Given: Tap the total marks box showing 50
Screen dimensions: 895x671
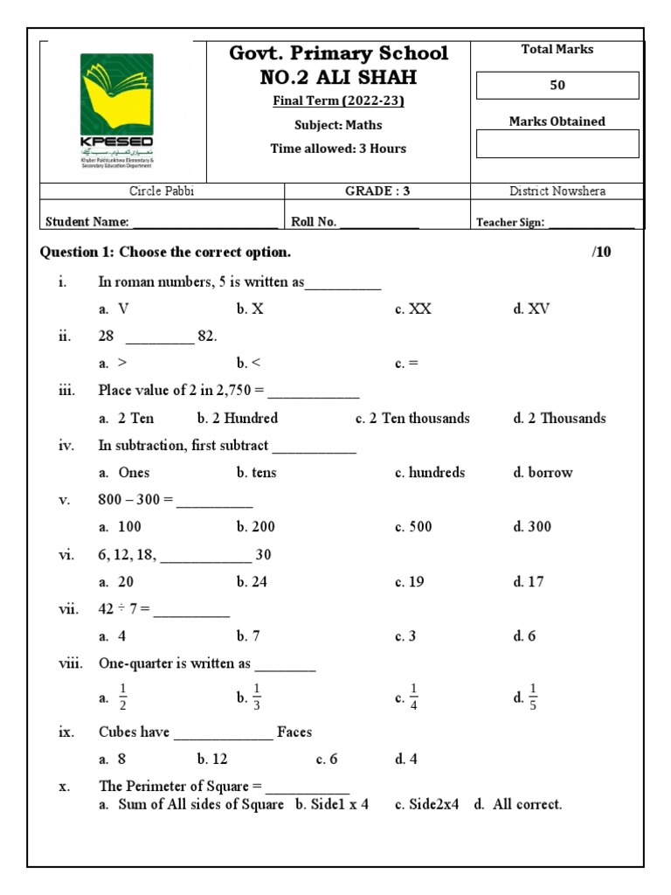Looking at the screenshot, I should [x=557, y=86].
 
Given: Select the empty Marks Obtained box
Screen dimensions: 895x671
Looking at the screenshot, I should [x=557, y=144].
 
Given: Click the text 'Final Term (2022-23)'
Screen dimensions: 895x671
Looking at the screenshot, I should [x=338, y=101].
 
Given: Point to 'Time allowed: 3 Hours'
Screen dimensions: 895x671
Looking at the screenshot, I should [x=338, y=149].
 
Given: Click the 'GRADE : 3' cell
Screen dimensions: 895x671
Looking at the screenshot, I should [x=377, y=191].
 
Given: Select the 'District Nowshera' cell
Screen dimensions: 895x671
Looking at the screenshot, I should [x=557, y=191].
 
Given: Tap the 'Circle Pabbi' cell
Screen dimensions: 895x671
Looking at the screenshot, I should [x=162, y=191].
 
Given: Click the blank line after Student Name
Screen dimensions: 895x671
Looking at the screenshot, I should [x=204, y=223].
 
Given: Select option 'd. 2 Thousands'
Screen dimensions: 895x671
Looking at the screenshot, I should [x=559, y=419].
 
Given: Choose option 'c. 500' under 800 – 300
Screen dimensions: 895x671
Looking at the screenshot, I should [x=413, y=527].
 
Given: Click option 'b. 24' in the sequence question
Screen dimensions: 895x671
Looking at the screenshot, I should [x=252, y=582].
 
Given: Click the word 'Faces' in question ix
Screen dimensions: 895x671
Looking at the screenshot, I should [x=294, y=732].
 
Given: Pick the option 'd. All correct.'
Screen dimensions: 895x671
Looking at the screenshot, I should [x=518, y=805].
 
